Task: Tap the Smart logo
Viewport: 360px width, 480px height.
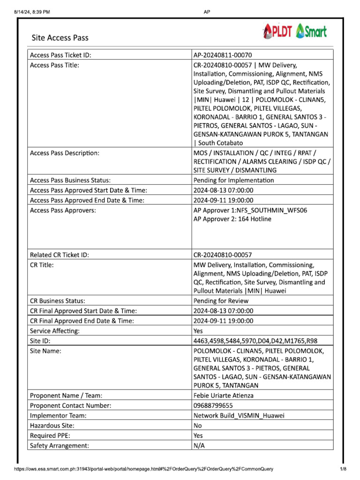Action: [312, 31]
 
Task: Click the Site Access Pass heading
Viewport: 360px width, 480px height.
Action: [60, 37]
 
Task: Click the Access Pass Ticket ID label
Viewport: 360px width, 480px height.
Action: [60, 55]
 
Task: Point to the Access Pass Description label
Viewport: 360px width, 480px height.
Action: [64, 153]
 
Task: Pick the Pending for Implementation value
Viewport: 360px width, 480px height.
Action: [233, 180]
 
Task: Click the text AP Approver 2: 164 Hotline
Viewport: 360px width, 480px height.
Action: [232, 219]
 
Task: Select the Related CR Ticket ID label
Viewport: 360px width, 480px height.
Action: [59, 255]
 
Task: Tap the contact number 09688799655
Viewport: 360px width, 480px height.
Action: [213, 405]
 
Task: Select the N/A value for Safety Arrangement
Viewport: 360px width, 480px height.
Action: [199, 445]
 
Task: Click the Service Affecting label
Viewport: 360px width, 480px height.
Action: [54, 331]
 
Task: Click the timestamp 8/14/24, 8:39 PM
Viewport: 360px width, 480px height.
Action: [32, 12]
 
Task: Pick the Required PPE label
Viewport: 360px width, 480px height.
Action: [49, 435]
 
